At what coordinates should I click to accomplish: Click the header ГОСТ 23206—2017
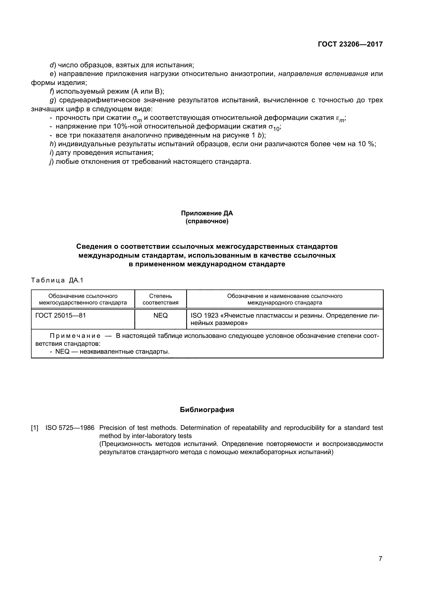(350, 44)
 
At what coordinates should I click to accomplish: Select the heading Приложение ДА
(207, 213)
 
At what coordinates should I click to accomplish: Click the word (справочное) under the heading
(207, 221)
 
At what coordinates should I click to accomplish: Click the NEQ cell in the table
(160, 316)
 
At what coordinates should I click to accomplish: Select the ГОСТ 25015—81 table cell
(60, 316)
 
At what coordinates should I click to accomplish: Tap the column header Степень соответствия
(160, 299)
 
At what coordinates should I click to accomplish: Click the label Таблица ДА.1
(57, 280)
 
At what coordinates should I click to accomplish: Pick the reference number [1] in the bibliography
(35, 428)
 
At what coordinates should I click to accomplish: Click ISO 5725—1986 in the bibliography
(70, 428)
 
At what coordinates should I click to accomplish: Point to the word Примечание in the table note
(75, 336)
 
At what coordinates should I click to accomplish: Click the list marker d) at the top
(53, 65)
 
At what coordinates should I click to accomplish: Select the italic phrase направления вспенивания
(323, 74)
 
